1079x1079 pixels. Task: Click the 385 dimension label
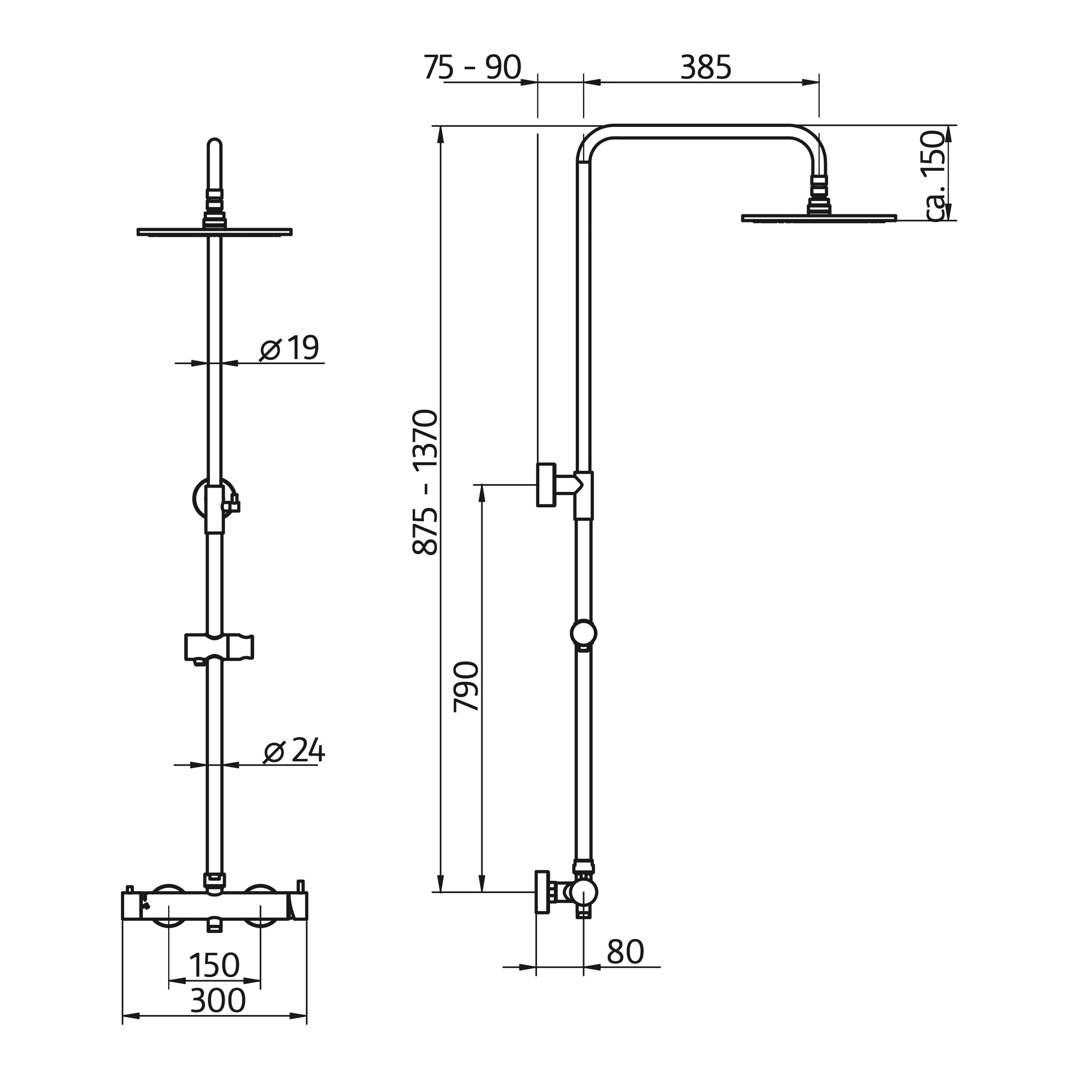[x=706, y=67]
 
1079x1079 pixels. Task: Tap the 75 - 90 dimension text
[x=472, y=67]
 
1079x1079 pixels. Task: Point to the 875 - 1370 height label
[x=424, y=483]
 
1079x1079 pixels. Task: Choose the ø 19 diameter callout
[x=289, y=348]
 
